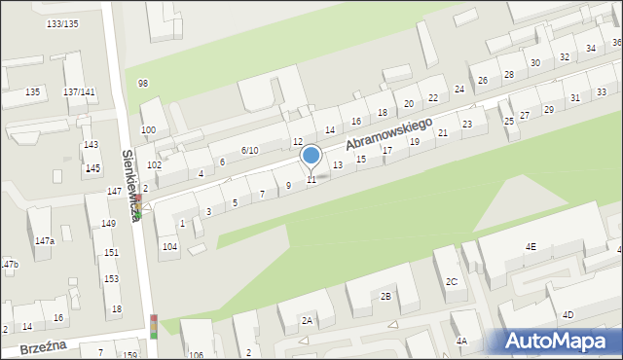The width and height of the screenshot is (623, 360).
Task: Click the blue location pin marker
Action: [311, 156]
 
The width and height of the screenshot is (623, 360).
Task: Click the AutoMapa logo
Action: [561, 341]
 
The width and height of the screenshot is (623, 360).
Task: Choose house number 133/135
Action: [62, 22]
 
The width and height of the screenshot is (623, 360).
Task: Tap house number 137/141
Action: [79, 91]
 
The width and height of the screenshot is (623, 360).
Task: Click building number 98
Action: [143, 84]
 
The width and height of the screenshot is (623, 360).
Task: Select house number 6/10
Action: [249, 150]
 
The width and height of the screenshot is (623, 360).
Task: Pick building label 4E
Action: [531, 246]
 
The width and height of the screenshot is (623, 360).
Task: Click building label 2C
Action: [452, 282]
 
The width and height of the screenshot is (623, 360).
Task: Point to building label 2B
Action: [385, 296]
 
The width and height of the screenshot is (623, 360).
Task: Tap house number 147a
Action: [44, 240]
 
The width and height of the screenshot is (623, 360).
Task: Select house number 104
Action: [169, 246]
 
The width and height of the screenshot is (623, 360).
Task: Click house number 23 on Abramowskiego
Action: [467, 124]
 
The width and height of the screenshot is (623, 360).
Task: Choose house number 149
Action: [109, 223]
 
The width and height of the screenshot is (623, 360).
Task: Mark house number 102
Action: [154, 164]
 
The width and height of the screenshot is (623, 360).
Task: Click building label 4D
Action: [568, 314]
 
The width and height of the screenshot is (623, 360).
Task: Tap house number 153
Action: [112, 279]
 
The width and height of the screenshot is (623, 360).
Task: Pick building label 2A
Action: [308, 320]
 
